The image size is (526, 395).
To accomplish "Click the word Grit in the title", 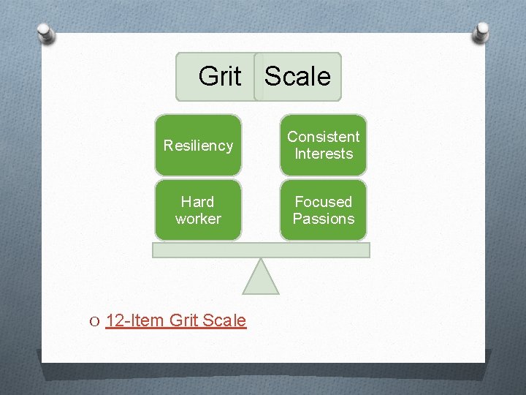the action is coord(219,76).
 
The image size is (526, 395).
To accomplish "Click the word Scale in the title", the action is coord(298,76).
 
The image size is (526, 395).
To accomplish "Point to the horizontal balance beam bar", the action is coord(261,249).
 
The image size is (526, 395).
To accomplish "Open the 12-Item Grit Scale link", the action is coord(176,320).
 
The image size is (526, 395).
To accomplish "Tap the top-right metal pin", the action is coord(481,31).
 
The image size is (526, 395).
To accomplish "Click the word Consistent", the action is coord(323,137).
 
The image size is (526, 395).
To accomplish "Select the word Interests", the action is coord(323,154).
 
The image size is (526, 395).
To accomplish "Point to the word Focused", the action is coord(323,202).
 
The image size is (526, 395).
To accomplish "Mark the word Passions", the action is coord(323,219).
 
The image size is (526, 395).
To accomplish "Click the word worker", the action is coord(197,219).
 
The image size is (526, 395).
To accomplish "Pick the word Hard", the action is coord(197,202).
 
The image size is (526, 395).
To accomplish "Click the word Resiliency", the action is coord(197,146).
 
